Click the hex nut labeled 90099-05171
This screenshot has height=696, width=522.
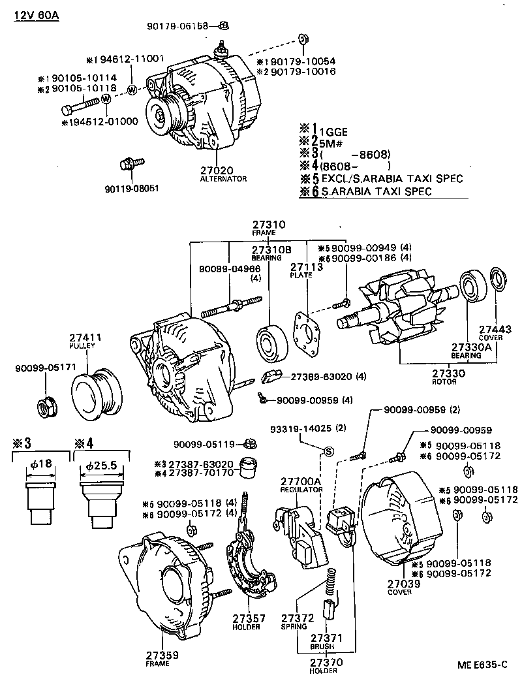(46, 408)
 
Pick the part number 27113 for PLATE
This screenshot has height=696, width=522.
(301, 267)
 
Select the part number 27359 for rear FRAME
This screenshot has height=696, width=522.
(162, 655)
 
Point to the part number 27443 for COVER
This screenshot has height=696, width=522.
(492, 329)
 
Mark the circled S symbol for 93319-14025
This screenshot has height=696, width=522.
(329, 451)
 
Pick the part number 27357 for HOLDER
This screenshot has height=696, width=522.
(245, 618)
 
